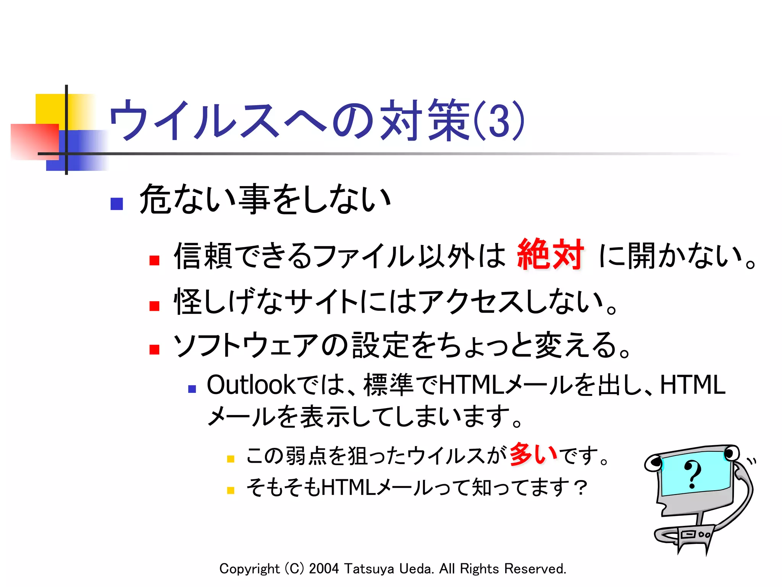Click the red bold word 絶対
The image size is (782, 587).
pos(550,254)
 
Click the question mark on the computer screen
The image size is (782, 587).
pos(692,474)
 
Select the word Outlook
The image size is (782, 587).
pos(251,384)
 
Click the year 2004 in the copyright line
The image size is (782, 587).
pos(324,569)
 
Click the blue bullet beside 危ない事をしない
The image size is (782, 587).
pos(116,204)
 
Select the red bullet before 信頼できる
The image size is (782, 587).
pos(154,260)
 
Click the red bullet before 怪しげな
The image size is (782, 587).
pos(154,306)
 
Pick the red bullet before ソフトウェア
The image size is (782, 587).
pos(154,349)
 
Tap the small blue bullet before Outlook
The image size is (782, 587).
pos(192,389)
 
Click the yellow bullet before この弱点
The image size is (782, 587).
pos(230,459)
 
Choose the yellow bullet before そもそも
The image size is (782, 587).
pos(230,490)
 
